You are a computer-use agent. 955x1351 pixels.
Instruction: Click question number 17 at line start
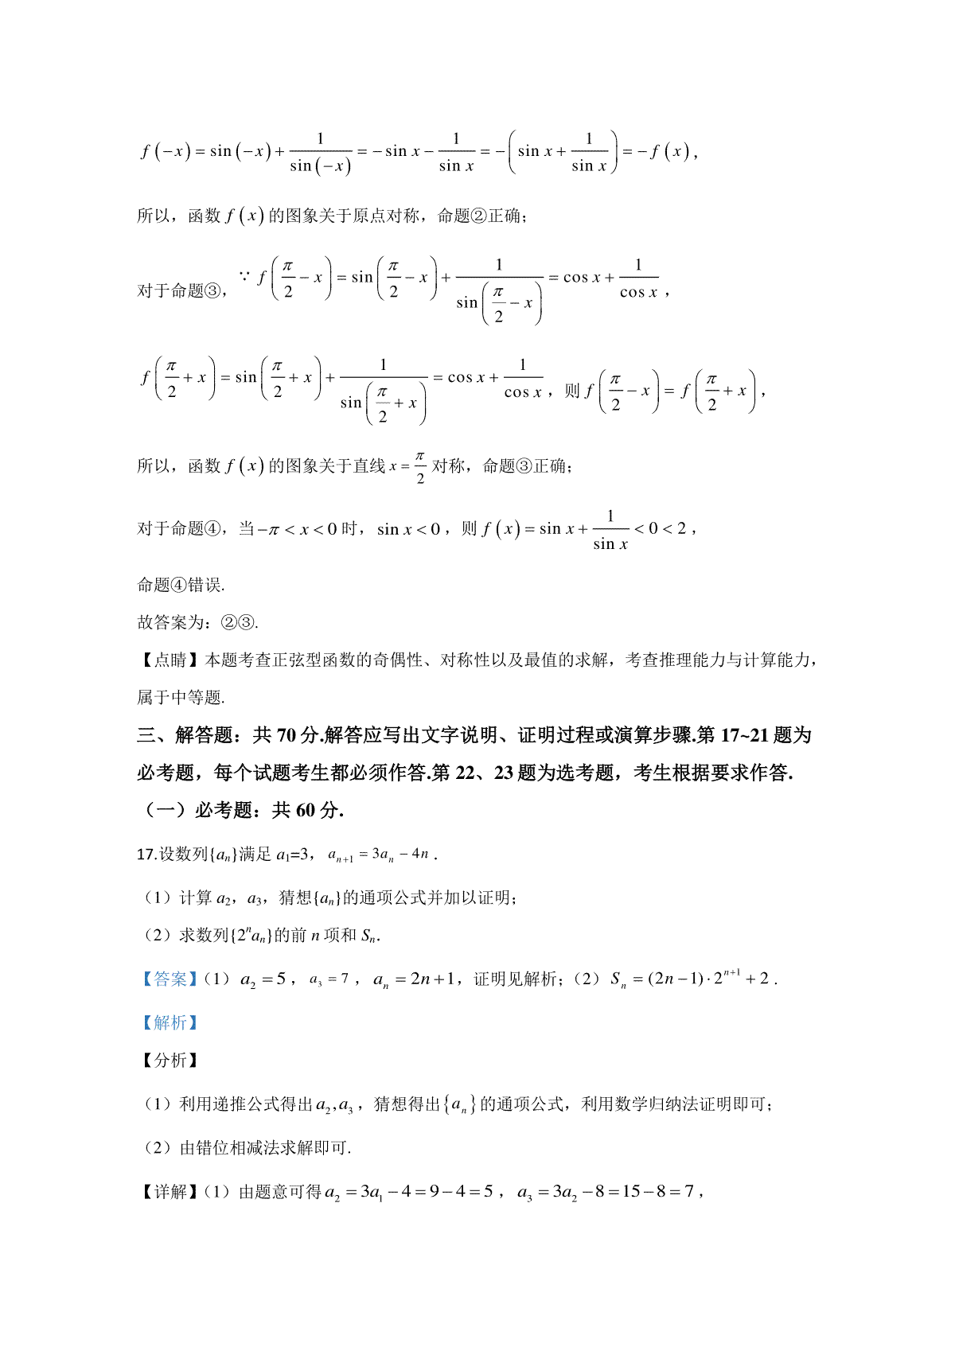tap(146, 855)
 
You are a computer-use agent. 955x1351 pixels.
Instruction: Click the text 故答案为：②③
tap(197, 622)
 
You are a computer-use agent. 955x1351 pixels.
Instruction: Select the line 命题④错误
tap(181, 585)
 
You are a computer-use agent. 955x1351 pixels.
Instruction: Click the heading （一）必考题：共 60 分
tap(240, 810)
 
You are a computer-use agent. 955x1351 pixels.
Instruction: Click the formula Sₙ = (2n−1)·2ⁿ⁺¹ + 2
tap(691, 979)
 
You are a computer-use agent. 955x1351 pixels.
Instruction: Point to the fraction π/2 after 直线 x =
tap(420, 467)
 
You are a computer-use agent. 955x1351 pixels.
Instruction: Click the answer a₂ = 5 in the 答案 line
tap(263, 979)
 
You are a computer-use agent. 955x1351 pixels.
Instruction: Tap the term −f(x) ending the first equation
tap(662, 151)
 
